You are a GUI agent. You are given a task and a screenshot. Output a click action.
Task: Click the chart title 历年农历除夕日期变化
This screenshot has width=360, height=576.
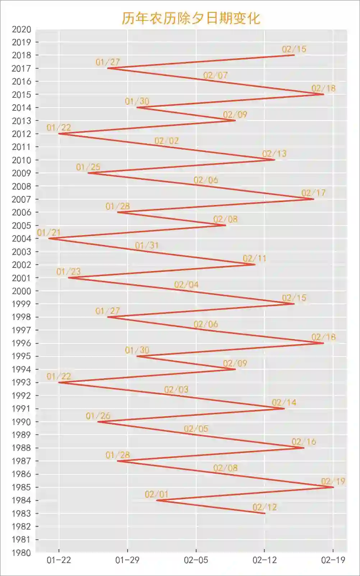point(190,18)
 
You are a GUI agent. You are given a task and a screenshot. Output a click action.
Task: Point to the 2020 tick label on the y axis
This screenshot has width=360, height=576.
point(21,29)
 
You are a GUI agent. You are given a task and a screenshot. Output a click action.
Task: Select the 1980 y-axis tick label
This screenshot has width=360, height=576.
point(21,553)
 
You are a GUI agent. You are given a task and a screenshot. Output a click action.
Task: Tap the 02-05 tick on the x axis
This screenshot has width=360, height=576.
point(196,560)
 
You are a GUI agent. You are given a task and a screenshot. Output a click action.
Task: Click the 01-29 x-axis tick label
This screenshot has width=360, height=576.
point(127,560)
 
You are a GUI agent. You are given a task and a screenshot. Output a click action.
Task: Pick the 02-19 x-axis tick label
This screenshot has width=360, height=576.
point(333,560)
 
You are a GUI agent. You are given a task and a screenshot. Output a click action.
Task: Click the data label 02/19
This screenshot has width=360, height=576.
point(333,481)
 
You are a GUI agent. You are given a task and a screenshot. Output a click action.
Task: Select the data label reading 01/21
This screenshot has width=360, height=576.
point(49,233)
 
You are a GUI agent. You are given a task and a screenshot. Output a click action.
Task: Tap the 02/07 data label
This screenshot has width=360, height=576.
point(216,76)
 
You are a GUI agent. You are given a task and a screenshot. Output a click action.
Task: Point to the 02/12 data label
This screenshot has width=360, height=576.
point(265,507)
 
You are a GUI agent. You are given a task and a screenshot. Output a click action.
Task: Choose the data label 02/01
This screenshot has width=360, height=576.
point(157,494)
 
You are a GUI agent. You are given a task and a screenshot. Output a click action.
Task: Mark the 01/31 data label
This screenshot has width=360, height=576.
point(147,246)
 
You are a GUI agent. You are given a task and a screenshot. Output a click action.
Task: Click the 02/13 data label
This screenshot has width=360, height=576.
point(274,154)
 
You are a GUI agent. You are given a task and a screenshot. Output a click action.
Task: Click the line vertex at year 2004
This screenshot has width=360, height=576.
point(49,238)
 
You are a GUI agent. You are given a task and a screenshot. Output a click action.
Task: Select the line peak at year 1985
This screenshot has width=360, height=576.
point(333,487)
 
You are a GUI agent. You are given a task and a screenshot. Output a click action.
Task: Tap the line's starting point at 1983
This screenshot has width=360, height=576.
point(265,513)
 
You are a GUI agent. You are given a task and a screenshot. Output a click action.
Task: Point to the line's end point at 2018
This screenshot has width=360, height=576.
point(294,55)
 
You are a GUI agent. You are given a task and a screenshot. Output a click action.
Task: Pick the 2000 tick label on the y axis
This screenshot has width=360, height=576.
point(21,291)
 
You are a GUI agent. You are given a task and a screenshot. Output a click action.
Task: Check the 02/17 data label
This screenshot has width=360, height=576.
point(314,193)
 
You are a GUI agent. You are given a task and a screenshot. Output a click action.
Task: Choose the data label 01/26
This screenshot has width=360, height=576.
point(98,416)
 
